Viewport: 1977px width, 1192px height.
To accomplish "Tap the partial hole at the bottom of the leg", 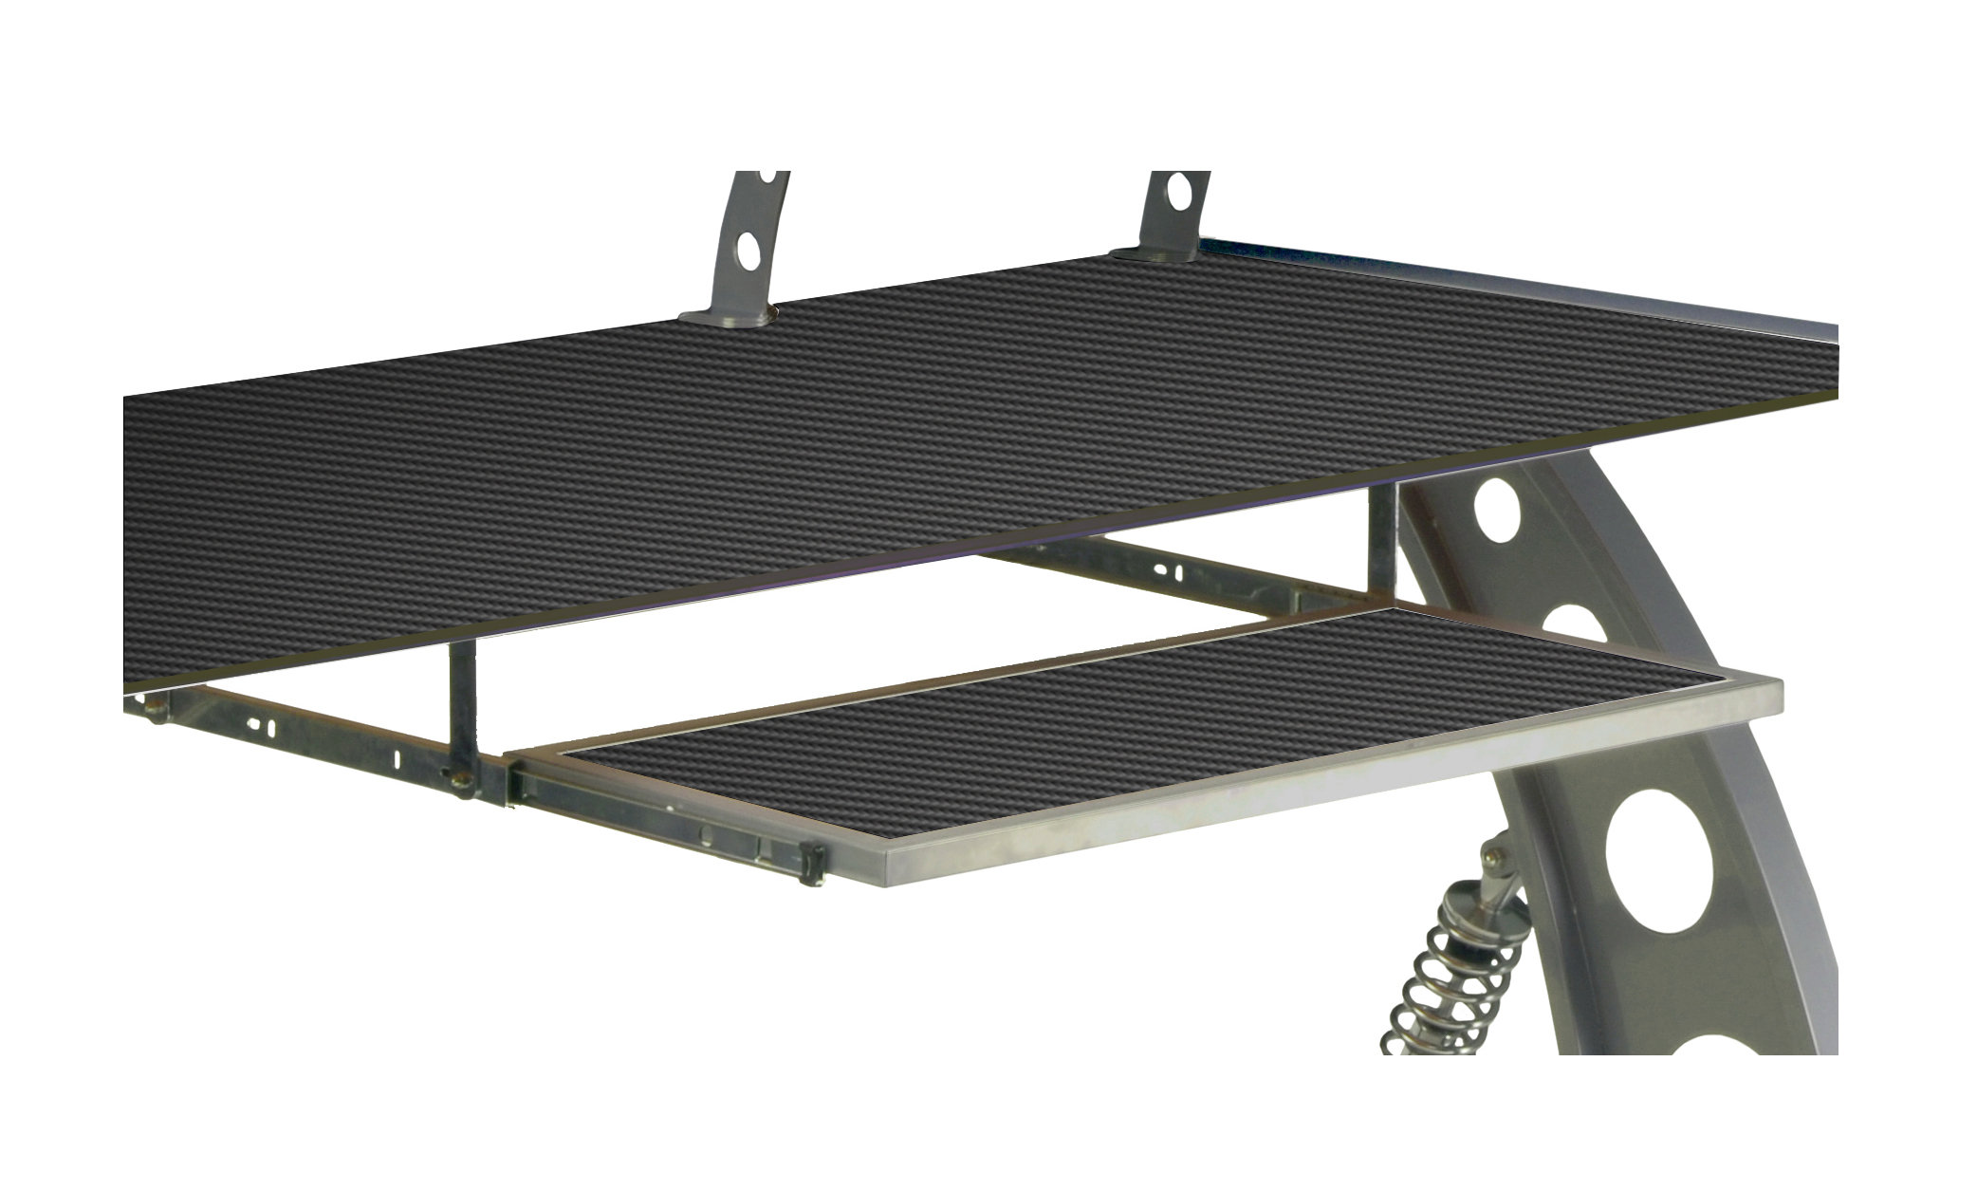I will (1783, 1039).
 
